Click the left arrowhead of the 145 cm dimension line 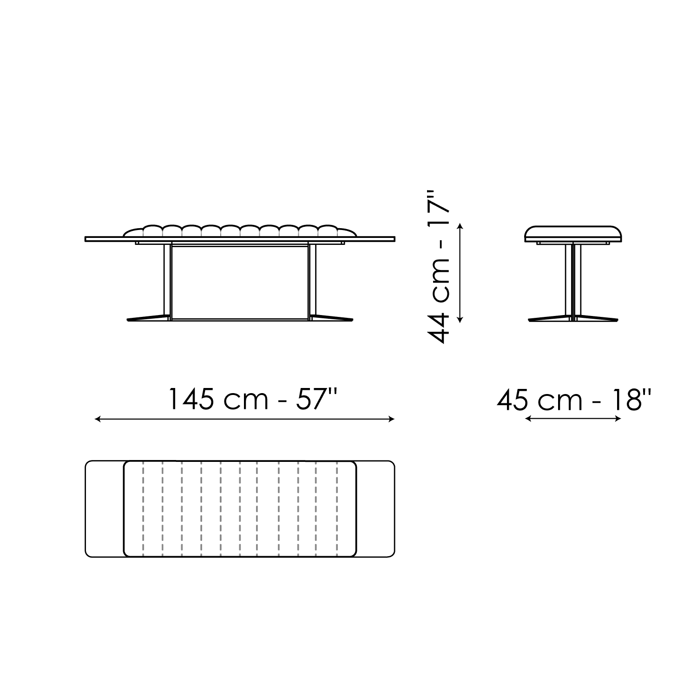97,419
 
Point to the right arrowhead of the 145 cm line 392,419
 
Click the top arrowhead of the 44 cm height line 460,226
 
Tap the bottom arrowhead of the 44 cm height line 460,319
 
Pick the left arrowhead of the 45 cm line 528,419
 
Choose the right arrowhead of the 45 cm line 618,419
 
